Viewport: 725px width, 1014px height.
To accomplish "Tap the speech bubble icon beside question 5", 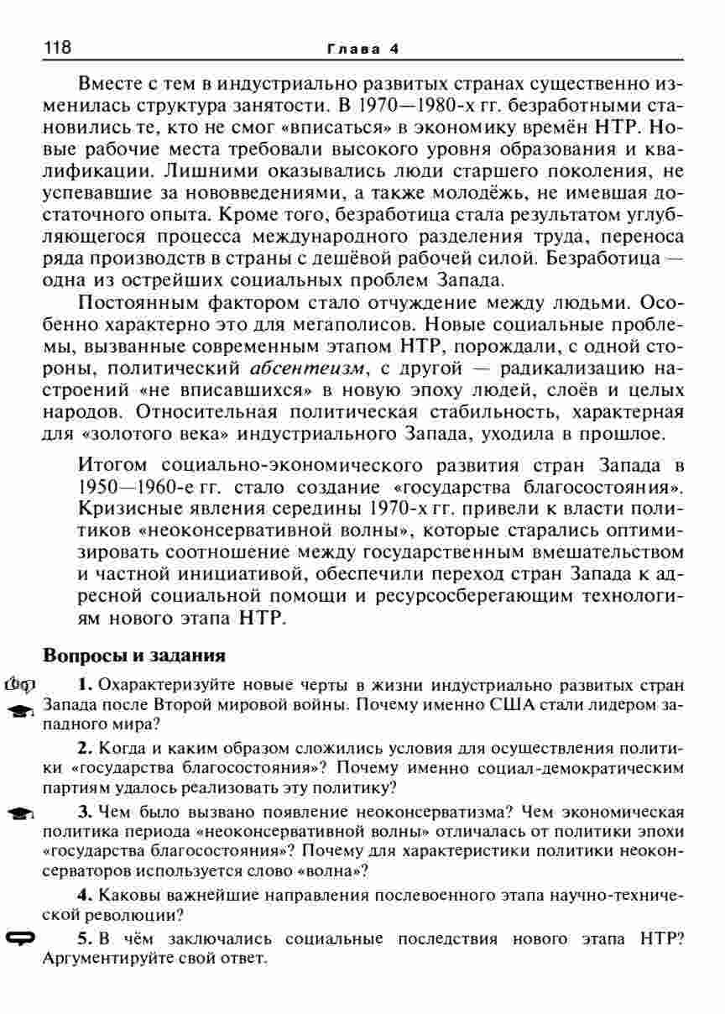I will pyautogui.click(x=18, y=938).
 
